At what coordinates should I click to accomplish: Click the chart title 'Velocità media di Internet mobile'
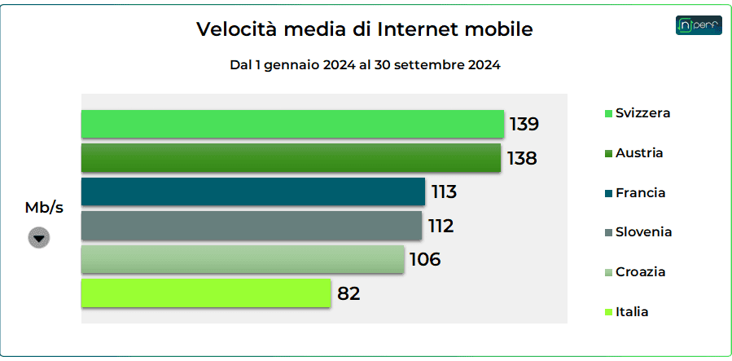(365, 30)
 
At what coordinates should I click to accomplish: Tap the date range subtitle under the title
(365, 65)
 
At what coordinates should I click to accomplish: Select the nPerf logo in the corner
(699, 25)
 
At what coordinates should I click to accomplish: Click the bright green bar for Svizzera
(292, 124)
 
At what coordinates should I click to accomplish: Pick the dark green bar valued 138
(291, 158)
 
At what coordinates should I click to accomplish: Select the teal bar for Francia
(252, 192)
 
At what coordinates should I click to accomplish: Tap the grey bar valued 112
(251, 226)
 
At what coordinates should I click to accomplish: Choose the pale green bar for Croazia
(242, 260)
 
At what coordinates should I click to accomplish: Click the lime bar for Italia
(205, 293)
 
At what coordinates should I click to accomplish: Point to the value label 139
(524, 125)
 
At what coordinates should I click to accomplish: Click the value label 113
(444, 192)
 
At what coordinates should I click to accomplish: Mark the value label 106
(424, 260)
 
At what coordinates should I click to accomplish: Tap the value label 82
(348, 293)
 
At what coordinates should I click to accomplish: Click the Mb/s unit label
(44, 208)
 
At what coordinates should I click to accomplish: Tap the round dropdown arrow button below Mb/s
(39, 237)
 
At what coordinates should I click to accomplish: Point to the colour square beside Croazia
(608, 272)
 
